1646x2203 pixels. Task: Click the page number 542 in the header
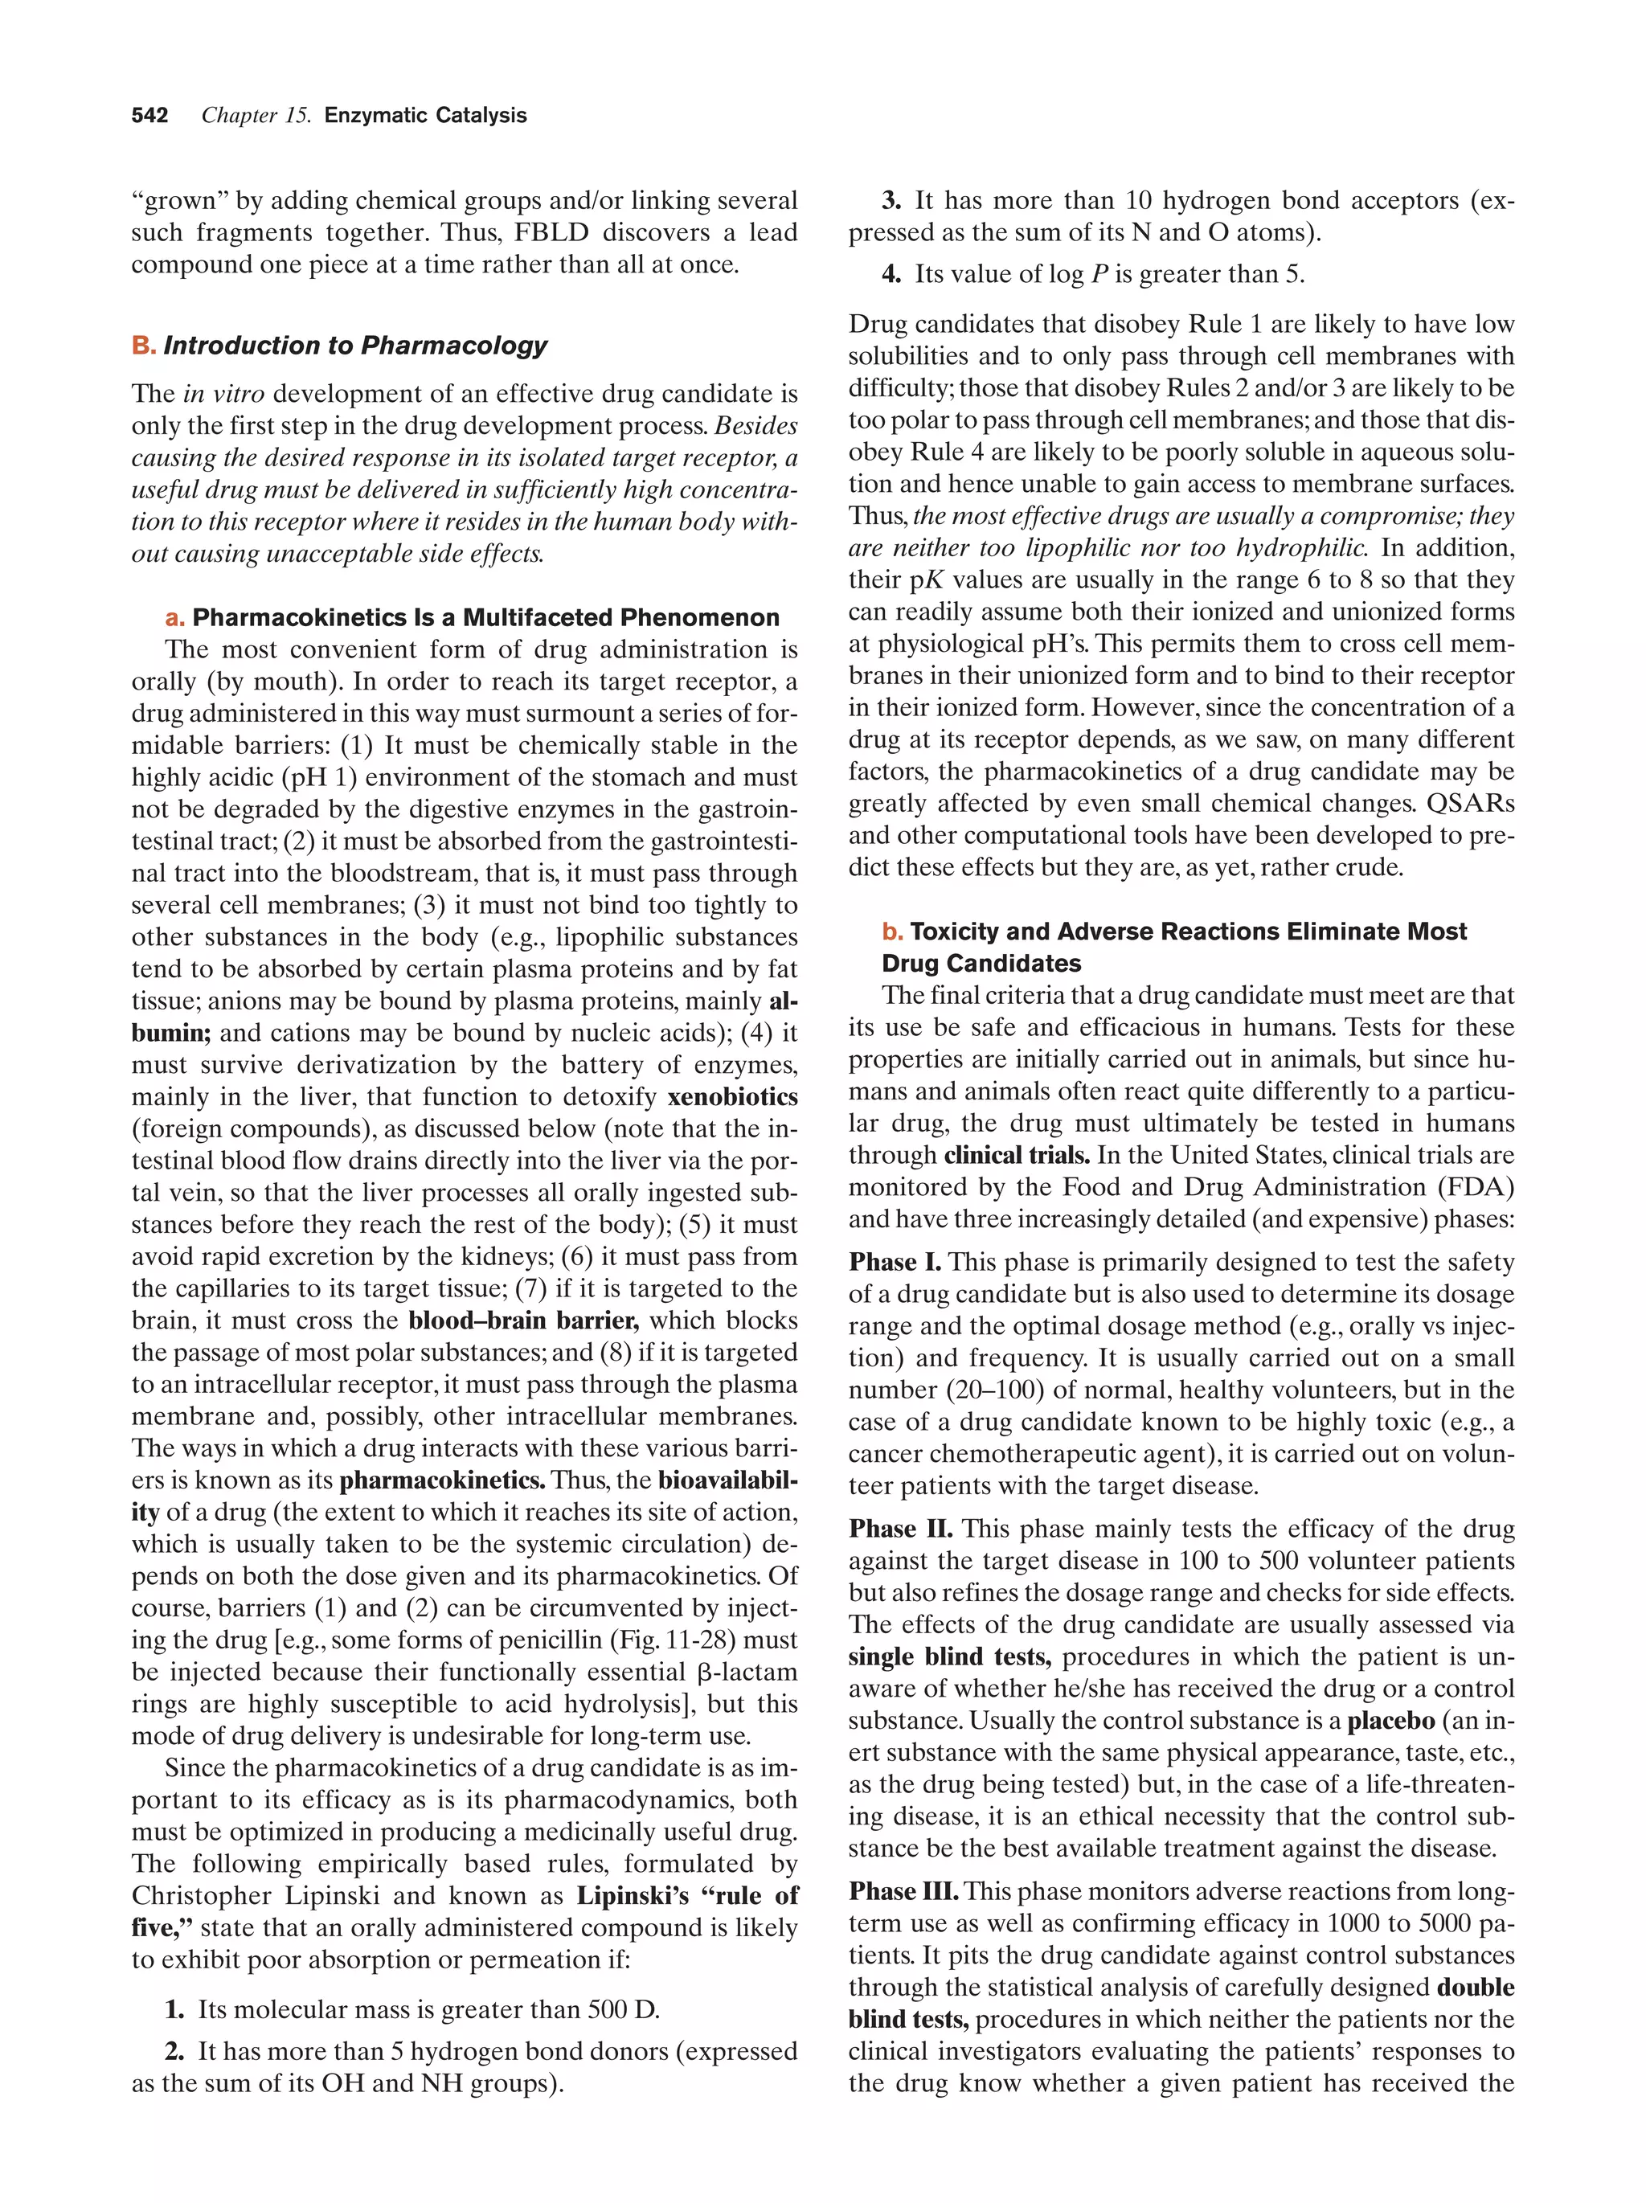pos(149,116)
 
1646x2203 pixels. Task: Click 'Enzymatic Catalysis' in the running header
pos(425,116)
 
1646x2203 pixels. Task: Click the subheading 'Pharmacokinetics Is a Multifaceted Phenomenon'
pos(485,617)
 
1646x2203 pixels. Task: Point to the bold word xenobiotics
pos(732,1098)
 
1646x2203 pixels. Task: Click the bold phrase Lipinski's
pos(633,1896)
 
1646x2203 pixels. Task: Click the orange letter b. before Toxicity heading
pos(892,932)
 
